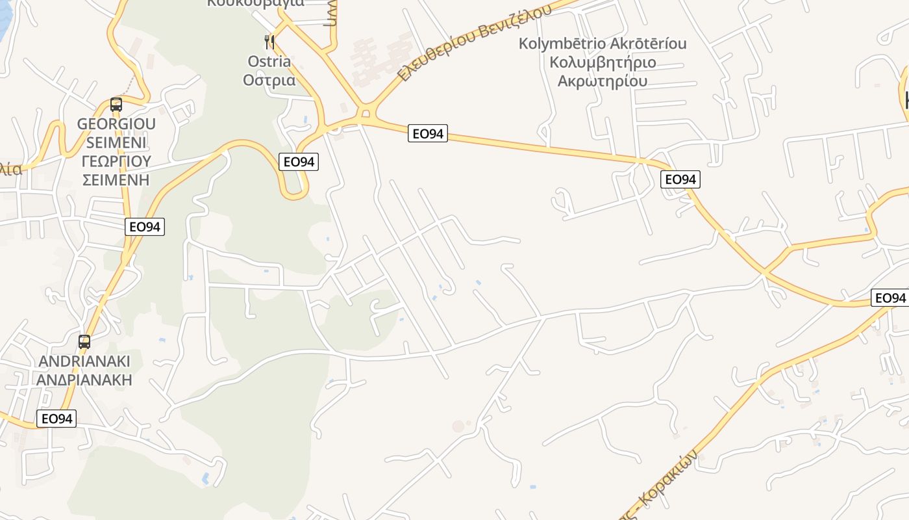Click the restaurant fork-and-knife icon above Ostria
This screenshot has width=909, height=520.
[269, 42]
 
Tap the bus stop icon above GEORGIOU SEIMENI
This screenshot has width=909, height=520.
[116, 104]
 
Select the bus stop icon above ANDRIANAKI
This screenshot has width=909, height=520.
[84, 341]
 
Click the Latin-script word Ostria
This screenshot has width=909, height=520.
[269, 61]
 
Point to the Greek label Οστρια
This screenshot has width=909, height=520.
[269, 80]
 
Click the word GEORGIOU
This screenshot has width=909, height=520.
[116, 124]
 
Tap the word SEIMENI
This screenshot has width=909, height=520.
[116, 142]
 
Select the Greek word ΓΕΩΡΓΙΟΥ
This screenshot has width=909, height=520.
[116, 161]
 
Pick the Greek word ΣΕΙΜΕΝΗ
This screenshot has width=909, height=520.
[116, 179]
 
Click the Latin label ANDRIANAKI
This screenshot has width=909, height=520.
[84, 361]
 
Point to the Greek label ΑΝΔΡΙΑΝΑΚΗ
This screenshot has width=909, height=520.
[84, 380]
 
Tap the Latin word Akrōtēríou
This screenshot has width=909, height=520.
[647, 44]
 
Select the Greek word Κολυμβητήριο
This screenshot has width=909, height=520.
[603, 62]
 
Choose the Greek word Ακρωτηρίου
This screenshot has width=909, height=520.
[603, 81]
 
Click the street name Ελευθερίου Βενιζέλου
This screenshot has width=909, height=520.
[473, 43]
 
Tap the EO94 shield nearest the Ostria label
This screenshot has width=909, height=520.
[299, 162]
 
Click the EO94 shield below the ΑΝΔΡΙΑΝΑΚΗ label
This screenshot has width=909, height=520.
[56, 419]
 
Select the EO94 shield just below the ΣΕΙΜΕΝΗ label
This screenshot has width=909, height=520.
[145, 227]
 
